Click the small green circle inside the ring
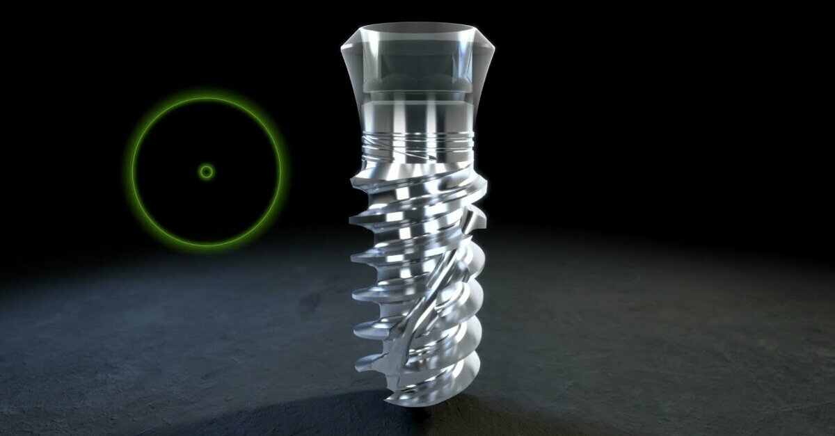206,172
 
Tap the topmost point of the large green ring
207,99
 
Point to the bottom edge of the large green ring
207,245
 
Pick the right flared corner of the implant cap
495,50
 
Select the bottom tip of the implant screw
417,403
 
